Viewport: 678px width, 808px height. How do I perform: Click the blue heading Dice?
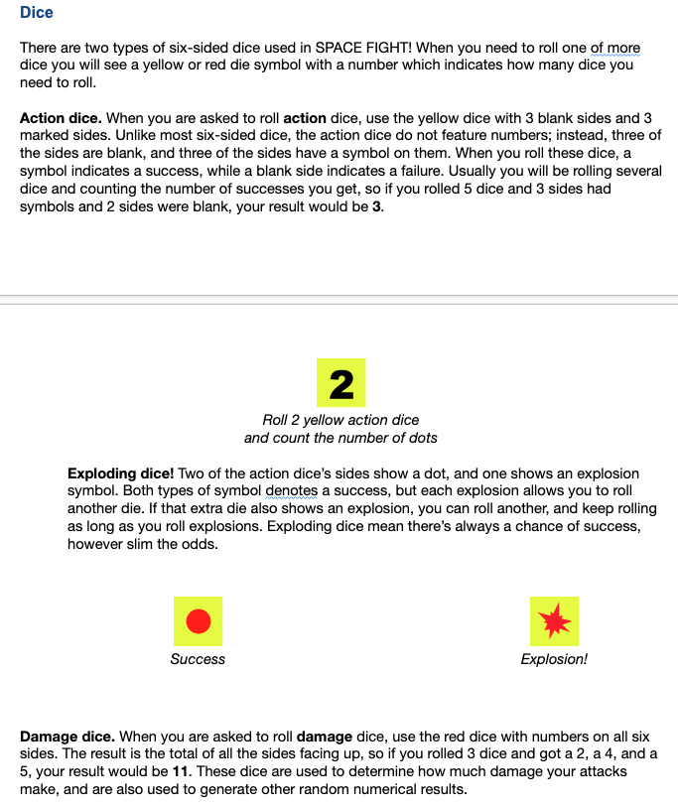[x=37, y=13]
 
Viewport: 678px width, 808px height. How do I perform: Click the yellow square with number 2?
[x=340, y=382]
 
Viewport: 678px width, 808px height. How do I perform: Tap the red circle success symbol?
[x=198, y=621]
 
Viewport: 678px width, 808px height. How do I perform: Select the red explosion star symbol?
[x=554, y=621]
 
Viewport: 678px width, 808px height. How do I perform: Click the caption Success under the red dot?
[x=198, y=659]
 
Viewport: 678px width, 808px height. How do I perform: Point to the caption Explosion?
[x=554, y=659]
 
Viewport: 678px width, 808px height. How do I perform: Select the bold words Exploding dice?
[x=120, y=473]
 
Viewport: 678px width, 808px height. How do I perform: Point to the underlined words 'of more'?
[x=615, y=48]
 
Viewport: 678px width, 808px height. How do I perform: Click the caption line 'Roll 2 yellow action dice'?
[x=340, y=421]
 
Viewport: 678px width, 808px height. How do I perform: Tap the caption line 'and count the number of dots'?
[x=340, y=438]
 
